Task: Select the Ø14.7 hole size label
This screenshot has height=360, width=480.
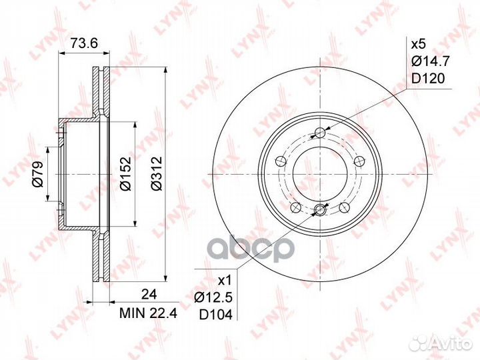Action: (427, 61)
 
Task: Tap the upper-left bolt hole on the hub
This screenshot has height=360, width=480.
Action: (281, 159)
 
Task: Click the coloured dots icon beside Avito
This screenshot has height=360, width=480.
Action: (421, 343)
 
